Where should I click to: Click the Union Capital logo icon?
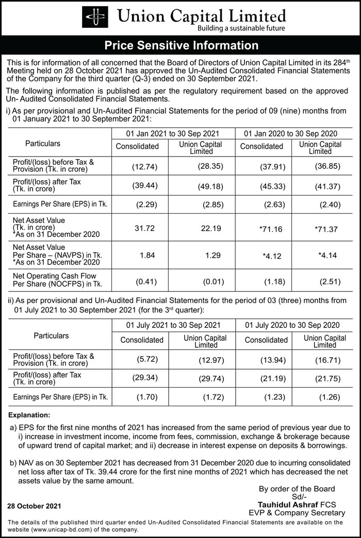95,17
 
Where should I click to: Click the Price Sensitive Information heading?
181,45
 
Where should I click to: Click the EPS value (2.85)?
211,204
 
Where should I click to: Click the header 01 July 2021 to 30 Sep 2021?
173,325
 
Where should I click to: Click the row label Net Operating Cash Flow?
54,276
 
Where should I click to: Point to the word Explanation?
29,414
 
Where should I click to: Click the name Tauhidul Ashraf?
284,505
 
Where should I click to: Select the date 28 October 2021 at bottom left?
34,506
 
